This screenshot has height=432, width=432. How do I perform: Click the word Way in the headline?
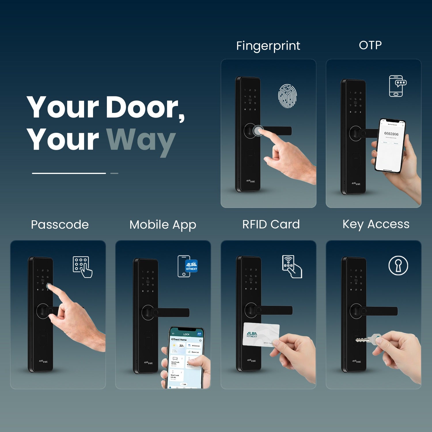141,140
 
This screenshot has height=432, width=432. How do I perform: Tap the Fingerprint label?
268,46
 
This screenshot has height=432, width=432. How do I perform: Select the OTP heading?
370,45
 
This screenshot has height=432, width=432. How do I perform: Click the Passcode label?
60,225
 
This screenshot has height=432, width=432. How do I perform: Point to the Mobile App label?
163,225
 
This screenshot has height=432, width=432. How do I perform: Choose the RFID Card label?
271,224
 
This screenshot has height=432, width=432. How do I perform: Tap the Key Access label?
376,224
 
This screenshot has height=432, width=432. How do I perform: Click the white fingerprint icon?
287,96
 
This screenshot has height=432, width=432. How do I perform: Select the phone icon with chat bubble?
397,86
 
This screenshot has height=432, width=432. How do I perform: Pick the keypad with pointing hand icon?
82,267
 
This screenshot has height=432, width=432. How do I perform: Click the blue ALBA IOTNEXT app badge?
191,266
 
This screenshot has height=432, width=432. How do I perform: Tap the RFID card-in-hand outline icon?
292,266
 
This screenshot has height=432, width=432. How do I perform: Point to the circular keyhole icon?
398,266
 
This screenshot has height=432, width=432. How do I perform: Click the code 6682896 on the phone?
391,134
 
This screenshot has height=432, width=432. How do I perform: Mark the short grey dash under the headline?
114,173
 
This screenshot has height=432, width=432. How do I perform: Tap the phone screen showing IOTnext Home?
186,359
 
